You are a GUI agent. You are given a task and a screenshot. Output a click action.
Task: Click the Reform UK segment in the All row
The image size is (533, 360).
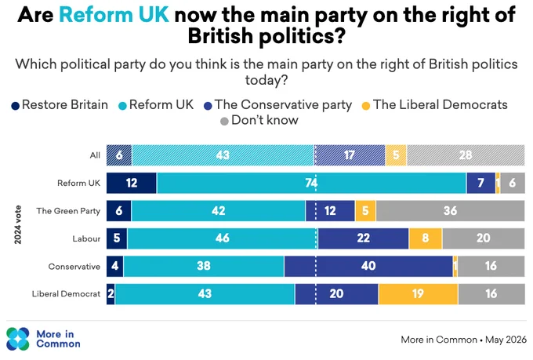(x=223, y=155)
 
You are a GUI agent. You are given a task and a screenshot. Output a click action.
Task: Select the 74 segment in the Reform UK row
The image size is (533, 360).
(x=311, y=183)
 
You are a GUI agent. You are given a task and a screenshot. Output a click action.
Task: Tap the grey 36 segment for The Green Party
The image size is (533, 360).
(x=450, y=211)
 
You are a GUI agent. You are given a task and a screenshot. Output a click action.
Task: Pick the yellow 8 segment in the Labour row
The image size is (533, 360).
(x=426, y=238)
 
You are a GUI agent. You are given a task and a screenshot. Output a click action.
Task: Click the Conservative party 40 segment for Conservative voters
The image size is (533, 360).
(x=368, y=267)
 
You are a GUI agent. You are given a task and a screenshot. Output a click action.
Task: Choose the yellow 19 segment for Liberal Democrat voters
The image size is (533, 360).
(x=418, y=294)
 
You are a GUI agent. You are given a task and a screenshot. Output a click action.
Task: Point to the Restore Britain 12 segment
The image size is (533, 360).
(x=132, y=183)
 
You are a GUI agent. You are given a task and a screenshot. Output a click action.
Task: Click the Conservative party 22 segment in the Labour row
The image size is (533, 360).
(x=364, y=238)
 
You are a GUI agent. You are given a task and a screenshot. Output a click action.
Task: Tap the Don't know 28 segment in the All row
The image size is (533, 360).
(x=466, y=155)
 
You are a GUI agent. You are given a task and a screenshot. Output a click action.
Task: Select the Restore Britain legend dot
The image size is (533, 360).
(x=16, y=106)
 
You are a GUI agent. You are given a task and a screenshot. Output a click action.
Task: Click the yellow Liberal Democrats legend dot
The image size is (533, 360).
(x=366, y=106)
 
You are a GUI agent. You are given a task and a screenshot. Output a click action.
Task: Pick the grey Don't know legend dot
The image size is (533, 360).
(x=224, y=121)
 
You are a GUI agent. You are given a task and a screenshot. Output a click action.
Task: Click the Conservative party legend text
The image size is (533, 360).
(x=283, y=105)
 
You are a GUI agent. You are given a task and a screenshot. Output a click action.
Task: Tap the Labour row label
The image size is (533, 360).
(x=86, y=239)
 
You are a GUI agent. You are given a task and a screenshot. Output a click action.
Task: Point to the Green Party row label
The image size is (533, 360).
(x=68, y=211)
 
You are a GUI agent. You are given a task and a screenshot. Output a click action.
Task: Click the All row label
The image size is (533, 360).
(x=95, y=155)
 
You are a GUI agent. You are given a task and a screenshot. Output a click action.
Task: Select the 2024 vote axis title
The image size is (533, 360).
(x=18, y=224)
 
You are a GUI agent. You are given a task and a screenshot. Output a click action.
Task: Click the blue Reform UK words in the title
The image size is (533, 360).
(x=114, y=15)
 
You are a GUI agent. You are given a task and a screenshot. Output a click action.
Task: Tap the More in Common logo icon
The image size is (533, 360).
(x=18, y=339)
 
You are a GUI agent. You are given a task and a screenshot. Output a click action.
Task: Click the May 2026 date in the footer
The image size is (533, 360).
(x=506, y=340)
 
